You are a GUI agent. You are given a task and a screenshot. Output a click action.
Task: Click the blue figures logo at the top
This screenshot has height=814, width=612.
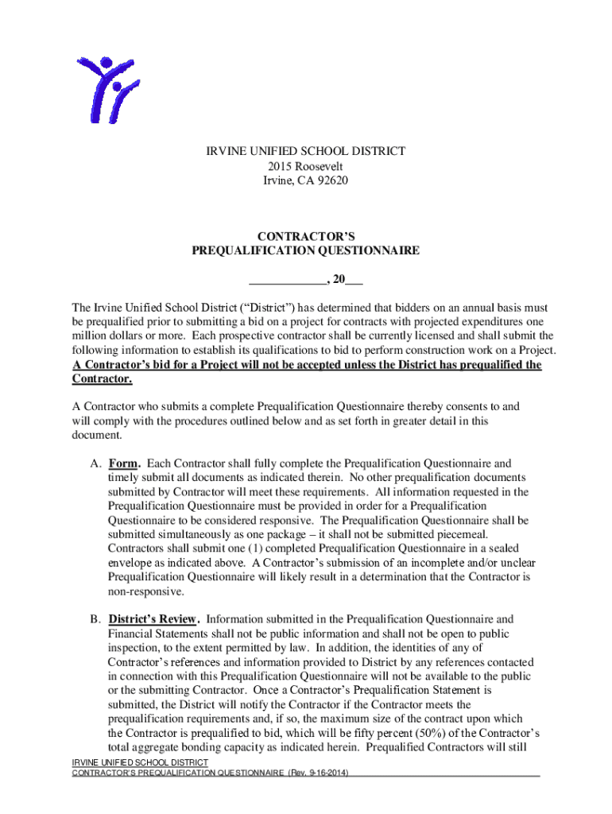(107, 89)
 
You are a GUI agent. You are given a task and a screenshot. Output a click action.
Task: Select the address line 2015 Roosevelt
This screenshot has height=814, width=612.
(306, 165)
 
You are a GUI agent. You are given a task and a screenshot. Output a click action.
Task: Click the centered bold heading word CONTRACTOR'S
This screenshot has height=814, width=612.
(306, 236)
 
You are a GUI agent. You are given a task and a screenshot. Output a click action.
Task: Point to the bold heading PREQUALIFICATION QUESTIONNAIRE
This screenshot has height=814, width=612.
(306, 250)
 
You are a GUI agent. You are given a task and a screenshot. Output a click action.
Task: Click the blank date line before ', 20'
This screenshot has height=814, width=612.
(287, 281)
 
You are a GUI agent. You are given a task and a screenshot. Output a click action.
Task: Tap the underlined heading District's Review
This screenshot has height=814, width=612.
(153, 618)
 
